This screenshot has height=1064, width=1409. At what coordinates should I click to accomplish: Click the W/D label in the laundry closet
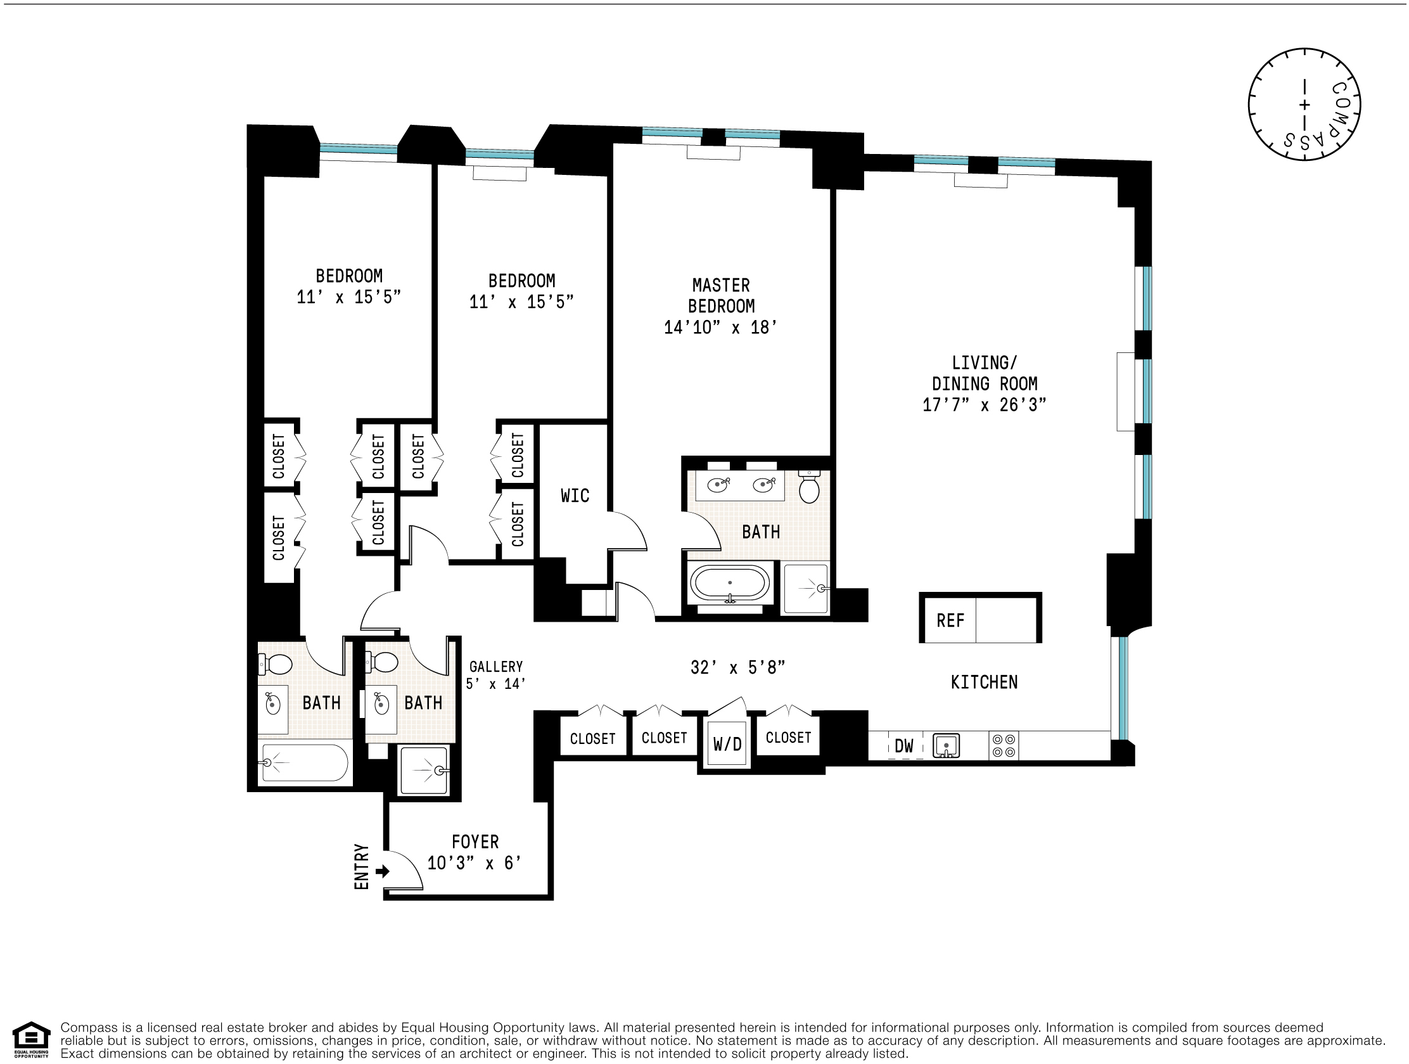tap(727, 743)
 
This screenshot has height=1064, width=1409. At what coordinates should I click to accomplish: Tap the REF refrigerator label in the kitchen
tap(950, 620)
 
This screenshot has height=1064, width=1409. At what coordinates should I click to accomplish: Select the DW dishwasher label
tap(904, 745)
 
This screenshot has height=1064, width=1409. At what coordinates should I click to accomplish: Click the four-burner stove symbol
tap(1004, 745)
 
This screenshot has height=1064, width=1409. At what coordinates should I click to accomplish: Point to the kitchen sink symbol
tap(946, 745)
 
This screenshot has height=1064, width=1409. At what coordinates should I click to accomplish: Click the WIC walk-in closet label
tap(575, 496)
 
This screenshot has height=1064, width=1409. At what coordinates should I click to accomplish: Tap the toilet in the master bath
tap(809, 488)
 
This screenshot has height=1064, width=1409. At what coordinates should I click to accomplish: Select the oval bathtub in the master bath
tap(730, 584)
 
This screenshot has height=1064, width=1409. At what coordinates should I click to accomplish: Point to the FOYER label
tap(475, 842)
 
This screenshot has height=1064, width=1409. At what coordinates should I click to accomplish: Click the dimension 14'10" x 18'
tap(720, 328)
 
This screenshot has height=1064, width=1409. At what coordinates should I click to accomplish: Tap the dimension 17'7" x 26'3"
tap(984, 405)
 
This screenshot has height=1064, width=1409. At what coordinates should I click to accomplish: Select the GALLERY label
tap(495, 667)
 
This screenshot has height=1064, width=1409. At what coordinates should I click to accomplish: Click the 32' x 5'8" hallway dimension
tap(737, 668)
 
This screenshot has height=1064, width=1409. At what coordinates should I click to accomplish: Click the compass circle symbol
tap(1304, 105)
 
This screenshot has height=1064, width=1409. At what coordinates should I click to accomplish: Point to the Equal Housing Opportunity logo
tap(31, 1040)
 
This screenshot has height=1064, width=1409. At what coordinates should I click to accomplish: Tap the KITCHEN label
tap(984, 683)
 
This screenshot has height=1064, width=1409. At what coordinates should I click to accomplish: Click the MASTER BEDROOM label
tap(721, 296)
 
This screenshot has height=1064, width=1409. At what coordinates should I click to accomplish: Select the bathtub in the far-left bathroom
tap(305, 762)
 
